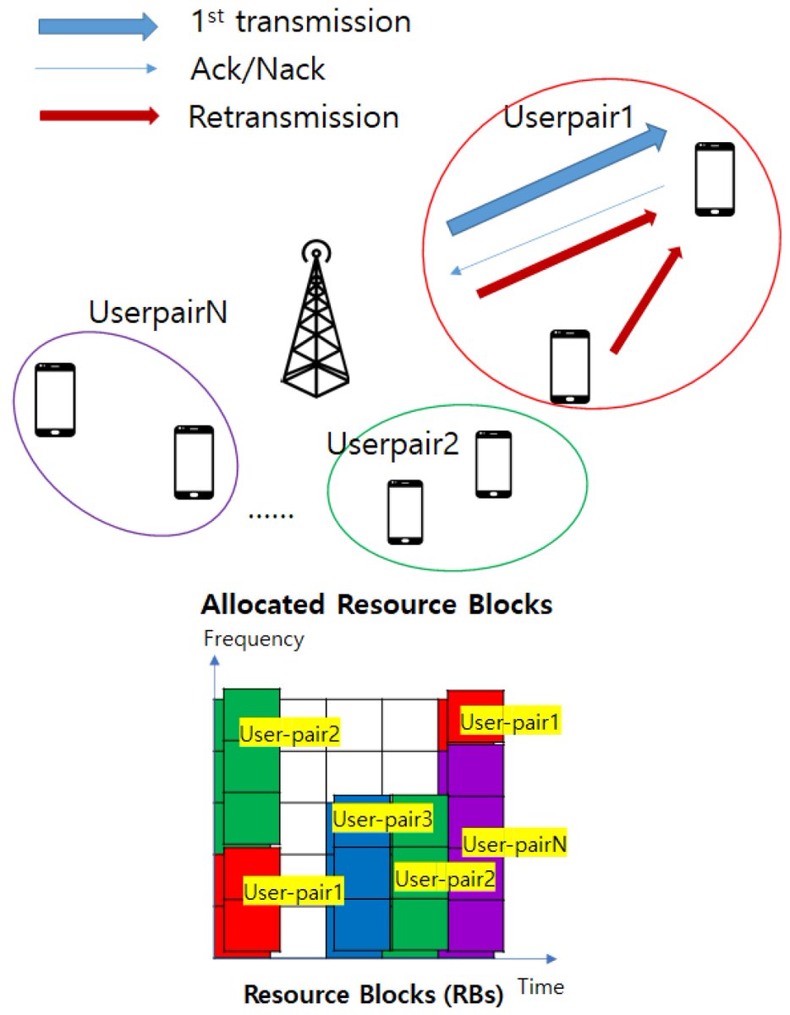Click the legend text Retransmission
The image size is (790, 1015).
tap(293, 117)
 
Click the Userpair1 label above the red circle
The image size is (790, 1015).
tap(568, 118)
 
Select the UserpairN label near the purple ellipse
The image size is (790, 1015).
tap(158, 314)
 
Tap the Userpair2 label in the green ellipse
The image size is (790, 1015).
tap(392, 443)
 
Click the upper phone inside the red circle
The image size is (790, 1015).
tap(715, 179)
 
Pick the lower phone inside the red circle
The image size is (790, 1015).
tap(569, 365)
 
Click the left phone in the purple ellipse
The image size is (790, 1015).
tap(55, 399)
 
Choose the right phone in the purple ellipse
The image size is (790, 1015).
tap(194, 462)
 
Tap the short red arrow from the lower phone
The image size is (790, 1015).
tap(647, 299)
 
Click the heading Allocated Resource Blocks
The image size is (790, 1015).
tap(376, 606)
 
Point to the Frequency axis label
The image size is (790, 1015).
tap(254, 639)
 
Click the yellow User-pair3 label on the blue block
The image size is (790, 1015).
tap(382, 819)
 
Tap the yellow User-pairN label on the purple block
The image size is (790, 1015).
tap(514, 843)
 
